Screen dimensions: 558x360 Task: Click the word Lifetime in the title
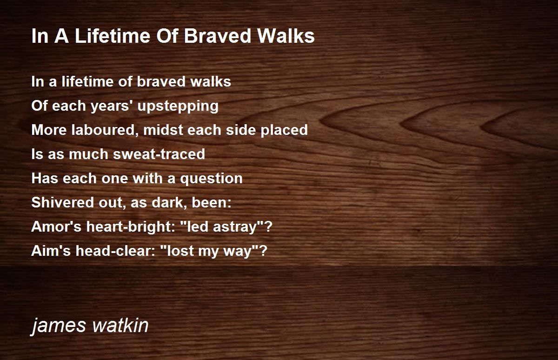tap(112, 36)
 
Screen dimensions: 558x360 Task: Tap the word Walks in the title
tap(286, 36)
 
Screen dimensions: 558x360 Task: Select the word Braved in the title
tap(217, 36)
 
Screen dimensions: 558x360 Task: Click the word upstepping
tap(178, 107)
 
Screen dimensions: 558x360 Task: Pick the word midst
tap(163, 130)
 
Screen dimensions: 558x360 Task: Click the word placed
tap(284, 131)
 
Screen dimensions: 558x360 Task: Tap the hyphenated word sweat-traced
tap(159, 154)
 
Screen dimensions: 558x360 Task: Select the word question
tap(211, 179)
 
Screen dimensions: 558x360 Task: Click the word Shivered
tap(63, 202)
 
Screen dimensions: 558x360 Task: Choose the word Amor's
tap(57, 227)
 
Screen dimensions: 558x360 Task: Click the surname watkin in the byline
tap(120, 325)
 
